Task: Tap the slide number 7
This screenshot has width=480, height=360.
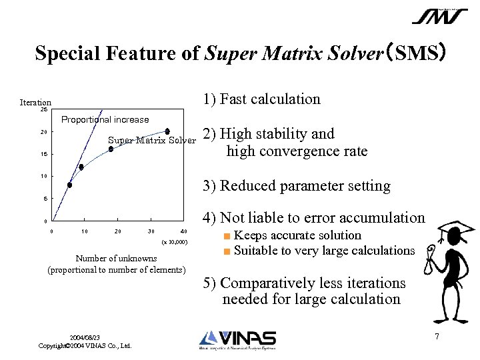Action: coord(437,336)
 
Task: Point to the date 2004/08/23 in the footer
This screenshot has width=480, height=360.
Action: coord(85,338)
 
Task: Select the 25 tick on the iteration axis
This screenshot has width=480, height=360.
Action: coord(43,110)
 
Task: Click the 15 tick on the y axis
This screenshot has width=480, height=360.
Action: coord(43,155)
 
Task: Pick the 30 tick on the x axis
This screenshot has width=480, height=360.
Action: coord(151,231)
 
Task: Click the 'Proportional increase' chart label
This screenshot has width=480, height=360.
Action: coord(105,120)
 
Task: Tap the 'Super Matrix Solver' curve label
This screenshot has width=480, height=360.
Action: coord(152,141)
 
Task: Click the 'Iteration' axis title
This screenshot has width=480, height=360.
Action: coord(36,102)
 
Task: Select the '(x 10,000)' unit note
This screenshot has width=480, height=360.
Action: coord(175,242)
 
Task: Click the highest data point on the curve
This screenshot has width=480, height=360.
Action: coord(167,131)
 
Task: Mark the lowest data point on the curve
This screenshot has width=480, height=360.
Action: coord(69,185)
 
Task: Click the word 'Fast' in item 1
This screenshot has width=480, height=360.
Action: coord(235,99)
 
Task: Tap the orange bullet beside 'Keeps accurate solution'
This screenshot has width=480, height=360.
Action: coord(227,236)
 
